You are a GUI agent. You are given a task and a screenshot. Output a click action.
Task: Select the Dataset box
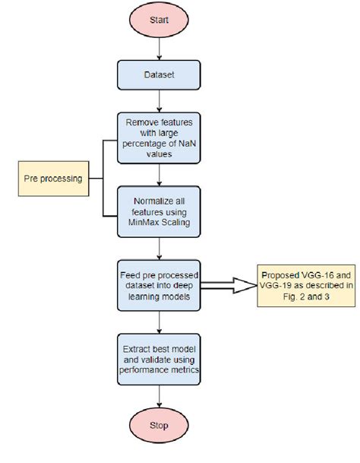(x=158, y=75)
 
